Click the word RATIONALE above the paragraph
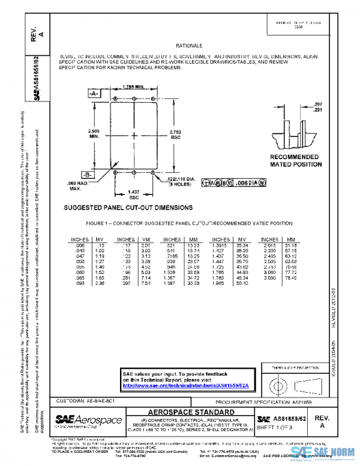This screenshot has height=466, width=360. point(189,46)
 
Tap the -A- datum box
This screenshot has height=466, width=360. point(94,95)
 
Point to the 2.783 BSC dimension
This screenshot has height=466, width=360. point(176,134)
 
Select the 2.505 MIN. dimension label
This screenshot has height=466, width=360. point(94,134)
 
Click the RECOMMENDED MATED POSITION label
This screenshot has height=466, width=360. point(294,160)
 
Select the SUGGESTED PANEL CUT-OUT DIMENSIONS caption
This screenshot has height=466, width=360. point(128,208)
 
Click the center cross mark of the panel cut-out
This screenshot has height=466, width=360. point(135,133)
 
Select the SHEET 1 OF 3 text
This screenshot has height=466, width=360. point(278,426)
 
